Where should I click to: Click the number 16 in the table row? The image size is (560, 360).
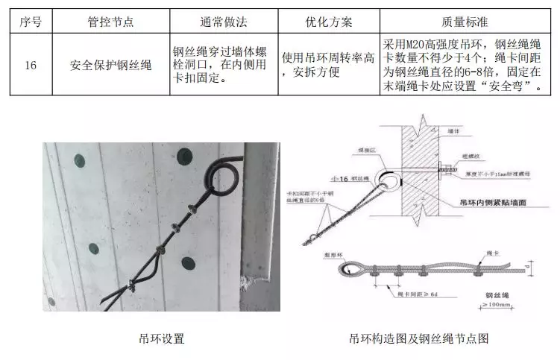pos(31,66)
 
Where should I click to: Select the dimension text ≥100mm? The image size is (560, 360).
pos(492,306)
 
